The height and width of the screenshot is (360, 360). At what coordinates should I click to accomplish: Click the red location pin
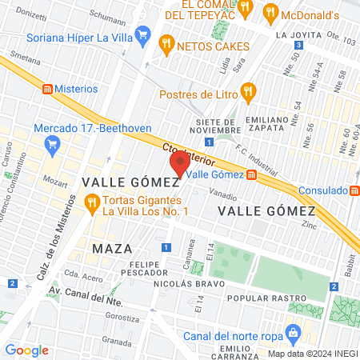[179, 164]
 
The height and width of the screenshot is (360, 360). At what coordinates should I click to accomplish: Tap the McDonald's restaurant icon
[270, 12]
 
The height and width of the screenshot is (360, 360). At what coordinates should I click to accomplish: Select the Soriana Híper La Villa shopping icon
[142, 34]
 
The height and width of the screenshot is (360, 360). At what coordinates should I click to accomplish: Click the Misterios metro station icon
[47, 88]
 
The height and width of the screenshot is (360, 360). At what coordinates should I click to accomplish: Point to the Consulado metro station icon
[354, 190]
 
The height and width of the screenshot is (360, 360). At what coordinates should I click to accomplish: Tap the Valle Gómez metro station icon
[251, 174]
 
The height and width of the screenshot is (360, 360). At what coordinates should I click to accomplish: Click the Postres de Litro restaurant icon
[248, 92]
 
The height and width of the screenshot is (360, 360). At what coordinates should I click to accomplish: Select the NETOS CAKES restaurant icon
[166, 46]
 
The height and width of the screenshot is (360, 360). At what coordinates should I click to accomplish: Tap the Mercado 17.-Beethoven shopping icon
[54, 144]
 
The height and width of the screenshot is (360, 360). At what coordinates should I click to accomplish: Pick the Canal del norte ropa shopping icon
[293, 330]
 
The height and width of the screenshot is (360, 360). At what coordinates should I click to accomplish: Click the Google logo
[26, 350]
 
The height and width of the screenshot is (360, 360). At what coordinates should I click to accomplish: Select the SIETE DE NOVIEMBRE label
[218, 126]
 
